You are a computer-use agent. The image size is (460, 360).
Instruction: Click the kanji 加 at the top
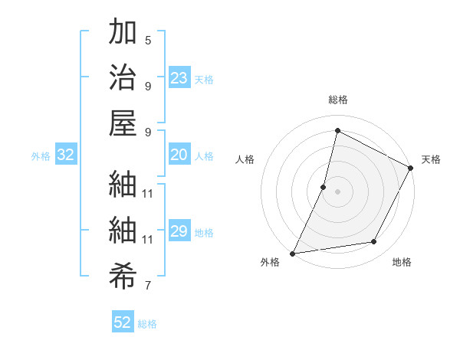[x=123, y=33]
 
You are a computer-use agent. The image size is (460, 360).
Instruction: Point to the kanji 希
[x=123, y=273]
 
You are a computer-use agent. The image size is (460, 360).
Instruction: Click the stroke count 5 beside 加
[x=148, y=40]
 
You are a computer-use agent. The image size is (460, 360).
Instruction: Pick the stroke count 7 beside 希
[x=148, y=286]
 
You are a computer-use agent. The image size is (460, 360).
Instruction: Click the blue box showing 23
[x=179, y=78]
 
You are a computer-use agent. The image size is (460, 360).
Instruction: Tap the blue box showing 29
[x=179, y=231]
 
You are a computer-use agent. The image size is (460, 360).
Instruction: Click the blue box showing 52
[x=123, y=322]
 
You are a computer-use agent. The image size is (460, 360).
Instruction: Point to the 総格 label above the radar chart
[x=337, y=100]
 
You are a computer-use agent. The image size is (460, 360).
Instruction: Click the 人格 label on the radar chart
[x=245, y=160]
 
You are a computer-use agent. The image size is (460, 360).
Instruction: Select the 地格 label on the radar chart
[x=402, y=263]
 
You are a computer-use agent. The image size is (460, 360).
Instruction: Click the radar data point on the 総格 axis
[x=337, y=131]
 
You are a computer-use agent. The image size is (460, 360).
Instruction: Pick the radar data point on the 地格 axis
[x=374, y=242]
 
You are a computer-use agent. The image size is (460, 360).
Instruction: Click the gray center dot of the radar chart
[x=337, y=191]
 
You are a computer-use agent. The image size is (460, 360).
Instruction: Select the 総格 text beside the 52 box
[x=147, y=324]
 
